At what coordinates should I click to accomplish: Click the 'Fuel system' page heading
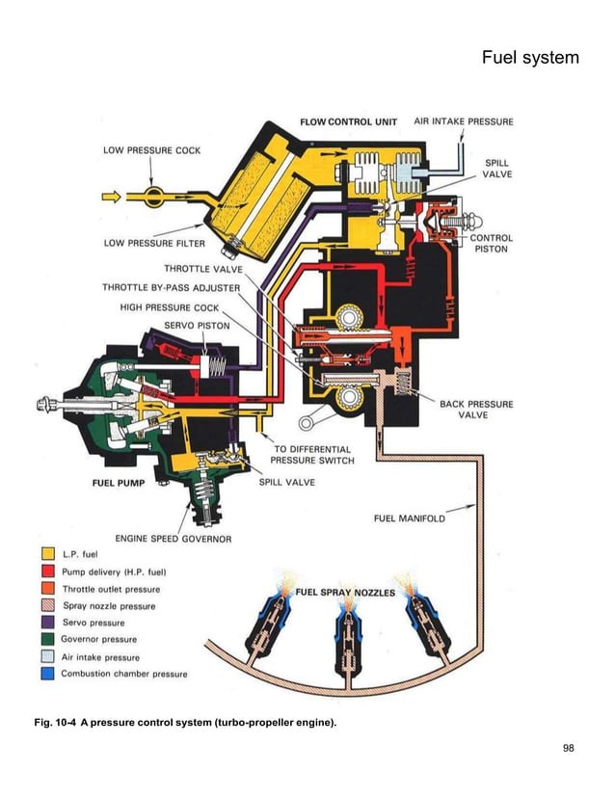click(x=530, y=59)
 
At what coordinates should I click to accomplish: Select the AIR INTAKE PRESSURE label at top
click(x=464, y=122)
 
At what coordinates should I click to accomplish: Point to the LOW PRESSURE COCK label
click(x=151, y=150)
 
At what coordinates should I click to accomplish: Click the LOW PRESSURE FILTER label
click(x=154, y=243)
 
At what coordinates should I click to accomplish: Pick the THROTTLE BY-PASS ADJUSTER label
click(x=172, y=287)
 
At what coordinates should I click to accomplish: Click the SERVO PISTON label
click(x=190, y=326)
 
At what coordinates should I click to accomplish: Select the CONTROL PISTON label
click(x=491, y=243)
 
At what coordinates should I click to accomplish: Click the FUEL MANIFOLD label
click(x=410, y=518)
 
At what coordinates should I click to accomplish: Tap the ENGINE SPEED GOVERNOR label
click(x=174, y=538)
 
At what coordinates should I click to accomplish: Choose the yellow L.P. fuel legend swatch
click(x=48, y=554)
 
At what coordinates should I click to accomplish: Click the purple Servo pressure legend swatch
click(x=48, y=623)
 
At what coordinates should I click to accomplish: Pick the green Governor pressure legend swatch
click(x=48, y=639)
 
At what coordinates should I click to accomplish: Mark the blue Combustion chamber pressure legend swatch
click(x=48, y=674)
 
